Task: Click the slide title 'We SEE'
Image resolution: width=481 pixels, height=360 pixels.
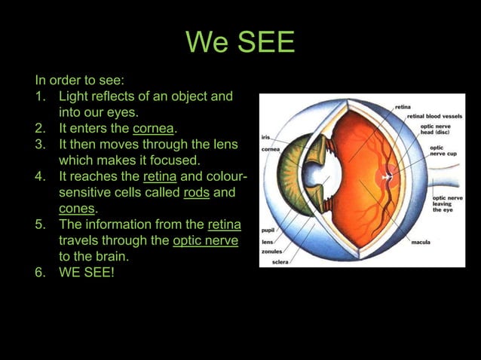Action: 240,42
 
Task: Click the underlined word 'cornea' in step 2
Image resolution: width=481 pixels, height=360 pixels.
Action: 153,129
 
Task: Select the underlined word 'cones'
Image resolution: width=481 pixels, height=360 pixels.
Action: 77,209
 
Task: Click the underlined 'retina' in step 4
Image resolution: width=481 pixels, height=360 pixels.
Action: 160,177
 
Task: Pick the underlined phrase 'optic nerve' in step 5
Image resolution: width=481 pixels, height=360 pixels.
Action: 205,240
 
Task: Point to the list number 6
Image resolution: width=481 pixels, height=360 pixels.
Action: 41,272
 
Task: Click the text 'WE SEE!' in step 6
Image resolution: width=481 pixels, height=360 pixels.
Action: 87,272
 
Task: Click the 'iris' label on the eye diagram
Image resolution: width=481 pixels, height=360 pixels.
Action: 266,138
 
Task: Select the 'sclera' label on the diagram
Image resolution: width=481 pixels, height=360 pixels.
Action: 280,262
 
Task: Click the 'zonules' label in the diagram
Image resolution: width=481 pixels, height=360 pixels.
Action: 272,252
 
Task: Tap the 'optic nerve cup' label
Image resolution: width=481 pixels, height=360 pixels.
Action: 442,151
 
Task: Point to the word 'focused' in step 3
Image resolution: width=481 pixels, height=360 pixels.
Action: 176,160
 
